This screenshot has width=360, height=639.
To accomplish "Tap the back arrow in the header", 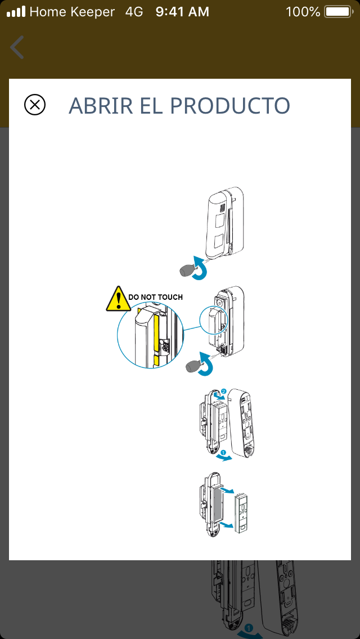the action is (x=17, y=47).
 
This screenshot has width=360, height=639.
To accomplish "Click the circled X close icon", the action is (x=35, y=105).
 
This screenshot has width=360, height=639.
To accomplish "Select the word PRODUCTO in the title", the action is (x=230, y=106).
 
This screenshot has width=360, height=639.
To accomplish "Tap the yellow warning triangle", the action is (x=118, y=299).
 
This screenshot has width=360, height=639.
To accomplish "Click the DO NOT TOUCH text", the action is (x=155, y=297).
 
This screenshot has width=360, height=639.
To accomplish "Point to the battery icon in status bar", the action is (x=339, y=12).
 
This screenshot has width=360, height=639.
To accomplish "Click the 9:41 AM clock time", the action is (x=182, y=12).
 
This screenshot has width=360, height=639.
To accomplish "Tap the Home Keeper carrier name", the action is (x=72, y=12).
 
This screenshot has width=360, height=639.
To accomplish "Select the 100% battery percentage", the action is (x=303, y=12).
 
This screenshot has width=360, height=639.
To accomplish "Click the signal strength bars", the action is (x=16, y=12).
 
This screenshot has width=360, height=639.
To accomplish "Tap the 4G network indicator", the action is (x=134, y=12).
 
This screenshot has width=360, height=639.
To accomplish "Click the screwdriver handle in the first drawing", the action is (x=187, y=271).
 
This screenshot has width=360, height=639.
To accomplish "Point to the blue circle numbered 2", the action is (x=223, y=391).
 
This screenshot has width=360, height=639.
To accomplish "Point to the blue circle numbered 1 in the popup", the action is (x=223, y=452).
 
